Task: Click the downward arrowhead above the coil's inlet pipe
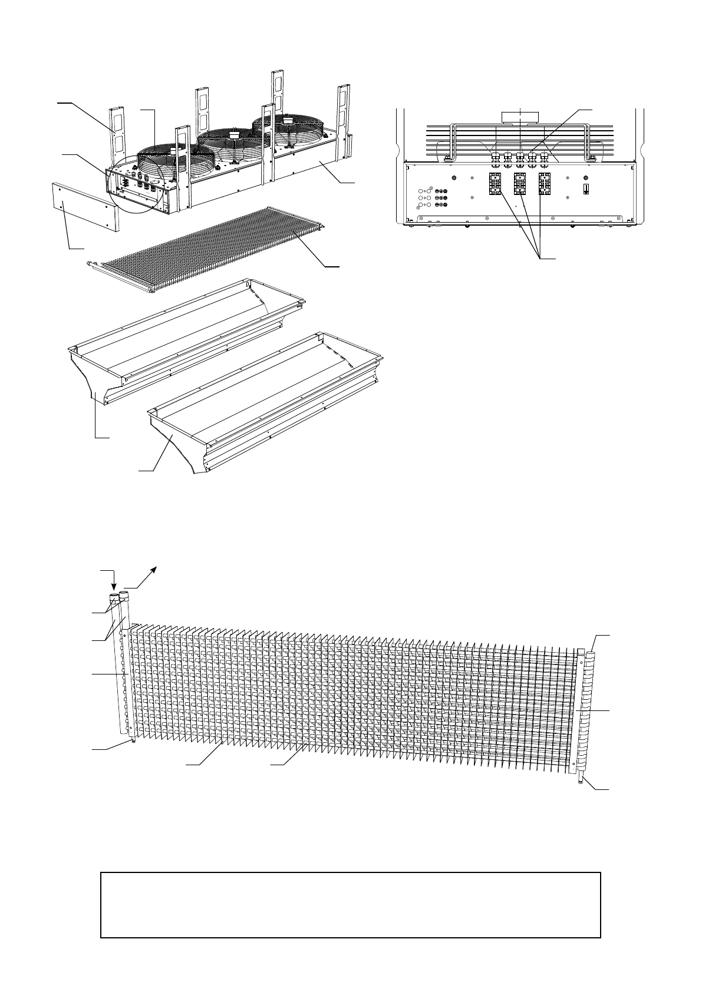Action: click(113, 587)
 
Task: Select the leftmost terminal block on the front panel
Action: click(495, 184)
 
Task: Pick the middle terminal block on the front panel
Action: click(520, 184)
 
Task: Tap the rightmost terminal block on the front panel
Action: click(545, 184)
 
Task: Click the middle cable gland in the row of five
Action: click(520, 157)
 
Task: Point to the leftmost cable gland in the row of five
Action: click(495, 157)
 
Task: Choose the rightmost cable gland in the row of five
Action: click(545, 157)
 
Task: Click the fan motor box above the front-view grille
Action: click(520, 115)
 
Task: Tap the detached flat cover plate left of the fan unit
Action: click(85, 206)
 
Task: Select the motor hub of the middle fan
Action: click(232, 134)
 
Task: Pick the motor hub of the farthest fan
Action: click(288, 120)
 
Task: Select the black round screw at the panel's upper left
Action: click(453, 178)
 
